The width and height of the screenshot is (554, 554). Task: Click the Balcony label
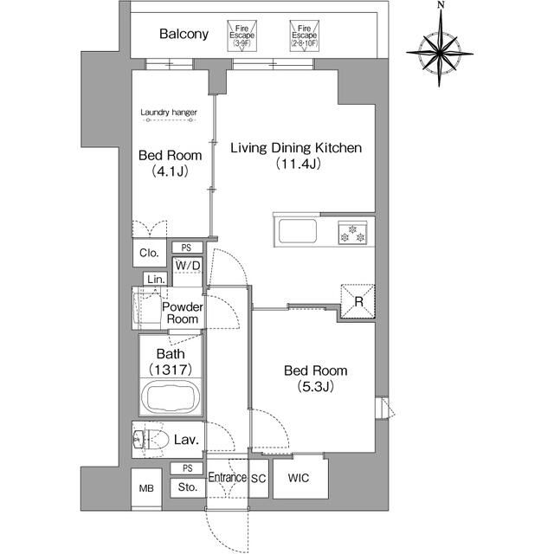(x=184, y=34)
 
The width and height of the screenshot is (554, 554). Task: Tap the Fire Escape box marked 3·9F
(x=242, y=36)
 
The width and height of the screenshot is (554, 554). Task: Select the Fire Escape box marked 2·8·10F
(x=304, y=36)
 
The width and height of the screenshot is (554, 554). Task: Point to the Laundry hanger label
(x=169, y=113)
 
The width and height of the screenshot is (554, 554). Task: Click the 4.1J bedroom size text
(x=170, y=171)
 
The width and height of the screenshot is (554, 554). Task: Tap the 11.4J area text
(x=298, y=164)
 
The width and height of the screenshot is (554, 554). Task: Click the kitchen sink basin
(x=298, y=231)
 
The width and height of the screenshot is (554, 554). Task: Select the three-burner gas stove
(x=352, y=233)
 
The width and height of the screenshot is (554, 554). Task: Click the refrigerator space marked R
(x=358, y=301)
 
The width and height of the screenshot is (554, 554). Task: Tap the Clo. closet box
(x=150, y=253)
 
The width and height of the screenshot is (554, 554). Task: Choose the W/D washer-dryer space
(x=188, y=271)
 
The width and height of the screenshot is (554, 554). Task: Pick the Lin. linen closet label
(x=157, y=279)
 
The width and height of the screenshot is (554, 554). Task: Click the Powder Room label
(x=183, y=313)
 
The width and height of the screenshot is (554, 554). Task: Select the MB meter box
(x=146, y=489)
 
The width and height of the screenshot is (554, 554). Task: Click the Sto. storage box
(x=188, y=487)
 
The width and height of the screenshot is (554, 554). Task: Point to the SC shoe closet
(x=258, y=479)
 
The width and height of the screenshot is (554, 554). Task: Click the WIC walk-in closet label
(x=299, y=478)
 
